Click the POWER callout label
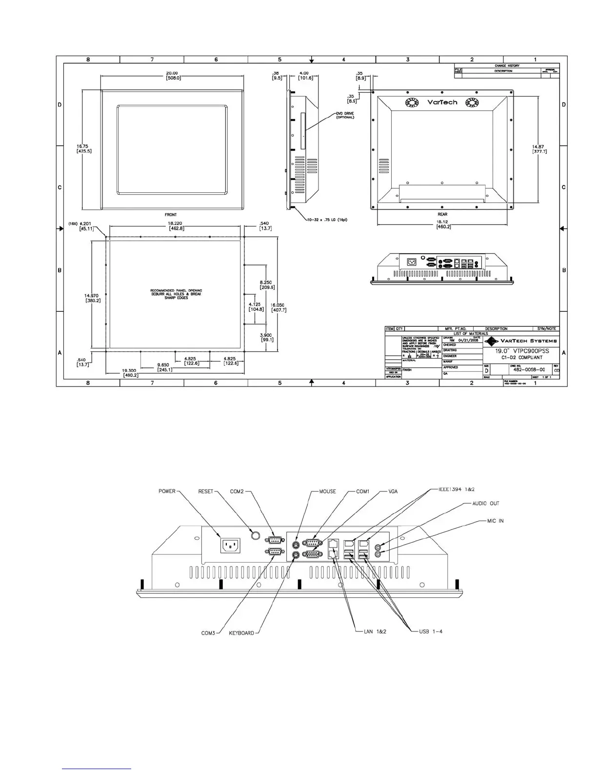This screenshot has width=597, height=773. [x=167, y=491]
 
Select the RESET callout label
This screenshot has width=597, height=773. [x=205, y=491]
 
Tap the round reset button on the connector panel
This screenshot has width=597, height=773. [x=255, y=535]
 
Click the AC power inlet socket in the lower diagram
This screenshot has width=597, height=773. [x=231, y=546]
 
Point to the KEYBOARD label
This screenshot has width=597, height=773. [x=241, y=633]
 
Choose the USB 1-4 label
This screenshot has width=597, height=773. [x=431, y=631]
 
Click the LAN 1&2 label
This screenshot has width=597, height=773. [x=375, y=631]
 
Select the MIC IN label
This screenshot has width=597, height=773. [x=495, y=521]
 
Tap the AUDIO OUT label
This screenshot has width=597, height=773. [x=486, y=504]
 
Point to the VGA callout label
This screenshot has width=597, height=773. [x=393, y=491]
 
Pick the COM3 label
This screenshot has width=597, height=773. [x=208, y=633]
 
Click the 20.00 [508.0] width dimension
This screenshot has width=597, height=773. [x=172, y=76]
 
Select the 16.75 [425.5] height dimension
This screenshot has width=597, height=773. [x=84, y=148]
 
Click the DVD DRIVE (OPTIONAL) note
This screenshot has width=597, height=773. [x=345, y=115]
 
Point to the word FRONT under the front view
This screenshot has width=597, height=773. [x=171, y=215]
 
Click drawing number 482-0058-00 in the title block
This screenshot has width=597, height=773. [x=529, y=369]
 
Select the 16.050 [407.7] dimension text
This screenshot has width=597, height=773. [x=279, y=307]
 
